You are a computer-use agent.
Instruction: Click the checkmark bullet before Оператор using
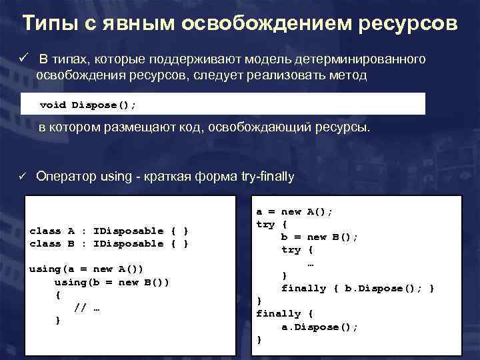click(x=21, y=177)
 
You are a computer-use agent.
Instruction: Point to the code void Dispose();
click(x=88, y=105)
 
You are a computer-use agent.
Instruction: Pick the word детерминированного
click(x=364, y=60)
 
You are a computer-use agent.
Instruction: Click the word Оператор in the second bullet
click(x=65, y=177)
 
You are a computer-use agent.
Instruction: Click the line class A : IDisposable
click(x=109, y=231)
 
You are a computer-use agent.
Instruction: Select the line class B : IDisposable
click(x=109, y=243)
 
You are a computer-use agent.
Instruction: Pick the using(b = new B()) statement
click(x=111, y=281)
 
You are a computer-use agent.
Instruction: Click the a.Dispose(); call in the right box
click(x=319, y=327)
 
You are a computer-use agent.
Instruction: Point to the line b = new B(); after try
click(x=319, y=237)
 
